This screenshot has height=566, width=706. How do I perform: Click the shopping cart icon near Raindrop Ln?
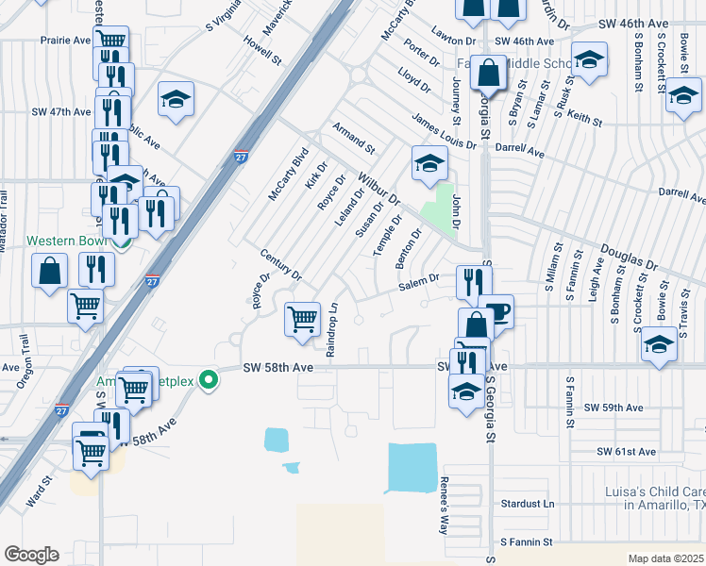(x=302, y=318)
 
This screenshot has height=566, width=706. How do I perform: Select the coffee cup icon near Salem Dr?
(x=496, y=311)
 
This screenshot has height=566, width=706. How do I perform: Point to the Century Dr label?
(x=281, y=265)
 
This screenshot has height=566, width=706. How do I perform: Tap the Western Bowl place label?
(x=64, y=241)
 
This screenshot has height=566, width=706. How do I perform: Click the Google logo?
(x=31, y=554)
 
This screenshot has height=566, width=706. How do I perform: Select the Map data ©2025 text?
(x=664, y=558)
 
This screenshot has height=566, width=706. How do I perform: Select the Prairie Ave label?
(x=64, y=41)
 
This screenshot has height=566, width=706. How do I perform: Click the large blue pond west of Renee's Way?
(x=412, y=467)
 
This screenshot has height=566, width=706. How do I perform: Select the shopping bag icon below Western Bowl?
(x=50, y=273)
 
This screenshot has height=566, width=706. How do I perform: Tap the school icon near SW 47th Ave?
(x=176, y=101)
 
